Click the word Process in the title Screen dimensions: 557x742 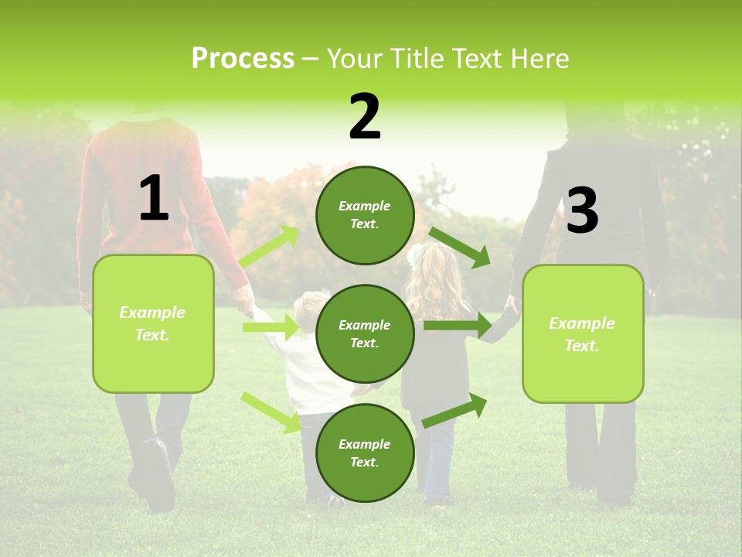pyautogui.click(x=243, y=59)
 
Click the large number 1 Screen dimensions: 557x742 pyautogui.click(x=154, y=198)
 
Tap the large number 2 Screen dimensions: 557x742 pyautogui.click(x=365, y=117)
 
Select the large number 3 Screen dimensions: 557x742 pyautogui.click(x=582, y=210)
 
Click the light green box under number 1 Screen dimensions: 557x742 pyautogui.click(x=153, y=323)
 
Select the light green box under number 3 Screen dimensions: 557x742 pyautogui.click(x=583, y=333)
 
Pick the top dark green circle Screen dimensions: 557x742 pyautogui.click(x=365, y=215)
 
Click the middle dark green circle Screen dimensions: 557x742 pyautogui.click(x=365, y=333)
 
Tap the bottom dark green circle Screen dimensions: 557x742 pyautogui.click(x=365, y=453)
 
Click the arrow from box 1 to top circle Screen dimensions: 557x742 pyautogui.click(x=269, y=247)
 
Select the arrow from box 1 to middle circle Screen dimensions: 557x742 pyautogui.click(x=271, y=327)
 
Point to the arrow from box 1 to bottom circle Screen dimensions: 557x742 pyautogui.click(x=271, y=412)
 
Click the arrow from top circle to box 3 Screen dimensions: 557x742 pyautogui.click(x=459, y=247)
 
